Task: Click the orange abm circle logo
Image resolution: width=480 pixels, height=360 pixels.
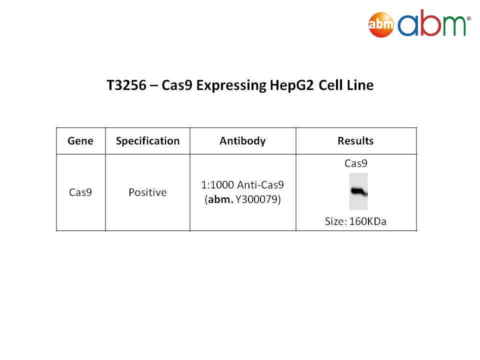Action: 381,24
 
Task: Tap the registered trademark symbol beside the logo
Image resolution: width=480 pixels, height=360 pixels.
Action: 468,18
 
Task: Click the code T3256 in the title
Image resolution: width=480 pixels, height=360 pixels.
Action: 126,85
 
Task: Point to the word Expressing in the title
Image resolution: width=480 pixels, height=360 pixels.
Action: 231,85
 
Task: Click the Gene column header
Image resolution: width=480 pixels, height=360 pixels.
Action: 80,141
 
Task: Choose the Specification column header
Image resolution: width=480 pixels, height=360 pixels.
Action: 147,141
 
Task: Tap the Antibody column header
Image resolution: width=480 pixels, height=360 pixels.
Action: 243,141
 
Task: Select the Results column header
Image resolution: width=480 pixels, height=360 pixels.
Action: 355,141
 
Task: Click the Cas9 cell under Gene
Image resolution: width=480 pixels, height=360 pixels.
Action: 80,192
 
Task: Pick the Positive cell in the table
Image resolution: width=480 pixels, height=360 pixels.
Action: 147,192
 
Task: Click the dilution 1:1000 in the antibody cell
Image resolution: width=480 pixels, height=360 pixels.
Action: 217,185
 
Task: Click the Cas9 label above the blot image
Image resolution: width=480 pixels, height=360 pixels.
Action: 355,163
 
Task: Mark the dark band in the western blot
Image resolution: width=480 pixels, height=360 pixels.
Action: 359,191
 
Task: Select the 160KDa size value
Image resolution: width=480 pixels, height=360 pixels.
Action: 367,221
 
